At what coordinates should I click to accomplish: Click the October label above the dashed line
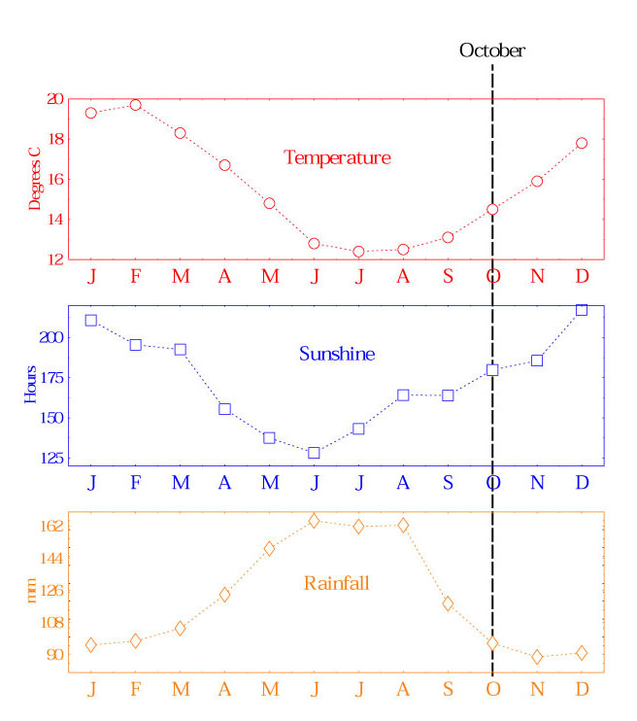(x=491, y=51)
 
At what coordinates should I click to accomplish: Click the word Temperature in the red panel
(x=337, y=157)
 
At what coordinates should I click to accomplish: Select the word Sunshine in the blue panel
(x=337, y=354)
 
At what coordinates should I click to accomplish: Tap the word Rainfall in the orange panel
(x=337, y=583)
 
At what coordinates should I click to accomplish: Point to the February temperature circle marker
(x=136, y=105)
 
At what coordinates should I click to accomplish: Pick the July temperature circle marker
(x=358, y=252)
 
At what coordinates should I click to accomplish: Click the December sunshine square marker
(x=582, y=310)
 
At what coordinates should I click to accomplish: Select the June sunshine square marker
(x=314, y=453)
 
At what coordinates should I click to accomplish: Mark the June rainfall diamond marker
(x=314, y=521)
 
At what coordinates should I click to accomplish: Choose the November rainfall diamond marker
(x=537, y=657)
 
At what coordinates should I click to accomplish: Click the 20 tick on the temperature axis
(x=54, y=98)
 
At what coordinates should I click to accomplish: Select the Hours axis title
(x=32, y=385)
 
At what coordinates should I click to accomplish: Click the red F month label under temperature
(x=136, y=276)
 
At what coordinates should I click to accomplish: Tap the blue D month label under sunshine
(x=582, y=483)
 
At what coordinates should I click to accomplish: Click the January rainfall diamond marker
(x=91, y=645)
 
